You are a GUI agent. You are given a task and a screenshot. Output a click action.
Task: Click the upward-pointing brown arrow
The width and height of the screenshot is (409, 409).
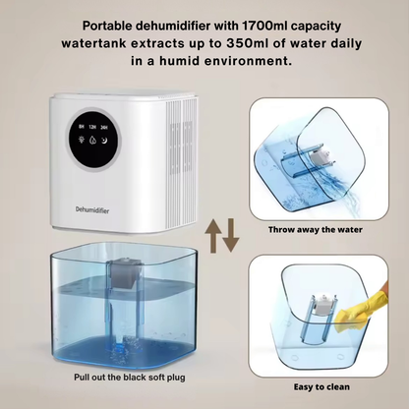tap(214, 236)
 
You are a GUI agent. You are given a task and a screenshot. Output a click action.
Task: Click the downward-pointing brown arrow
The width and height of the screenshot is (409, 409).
tap(230, 236)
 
